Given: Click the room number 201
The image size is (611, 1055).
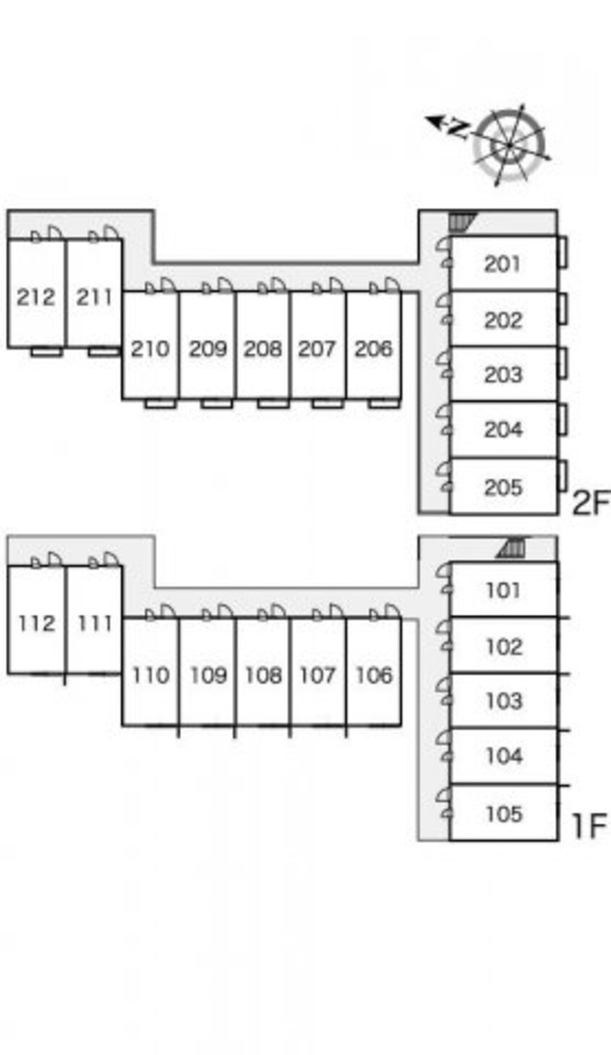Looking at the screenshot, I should coord(503,264).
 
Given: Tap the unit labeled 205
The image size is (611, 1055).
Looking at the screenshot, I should coord(503,487).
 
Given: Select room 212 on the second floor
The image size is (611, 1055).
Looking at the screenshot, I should coord(35,296).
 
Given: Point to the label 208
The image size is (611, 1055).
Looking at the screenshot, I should coord(262,348).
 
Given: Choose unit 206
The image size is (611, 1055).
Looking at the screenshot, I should coord(373,348).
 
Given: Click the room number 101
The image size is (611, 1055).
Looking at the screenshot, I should coord(503,590).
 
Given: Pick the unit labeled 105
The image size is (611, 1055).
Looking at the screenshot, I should coord(503,814).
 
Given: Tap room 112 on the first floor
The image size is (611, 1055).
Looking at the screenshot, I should coord(35,623).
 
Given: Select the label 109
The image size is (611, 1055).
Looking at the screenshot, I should coord(208,675).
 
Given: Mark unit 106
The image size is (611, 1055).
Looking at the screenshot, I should coord(373,675).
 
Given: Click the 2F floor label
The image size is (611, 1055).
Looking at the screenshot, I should coord(590,502).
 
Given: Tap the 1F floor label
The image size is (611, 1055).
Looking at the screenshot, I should coord(589,825).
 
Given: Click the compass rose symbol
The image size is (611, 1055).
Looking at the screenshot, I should coord(510,145).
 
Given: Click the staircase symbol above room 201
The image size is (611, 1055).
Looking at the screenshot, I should coord(461,221).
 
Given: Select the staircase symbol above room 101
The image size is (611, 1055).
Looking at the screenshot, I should coord(512,548).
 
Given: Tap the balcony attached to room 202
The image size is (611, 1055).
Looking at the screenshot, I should coord(562,308).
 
